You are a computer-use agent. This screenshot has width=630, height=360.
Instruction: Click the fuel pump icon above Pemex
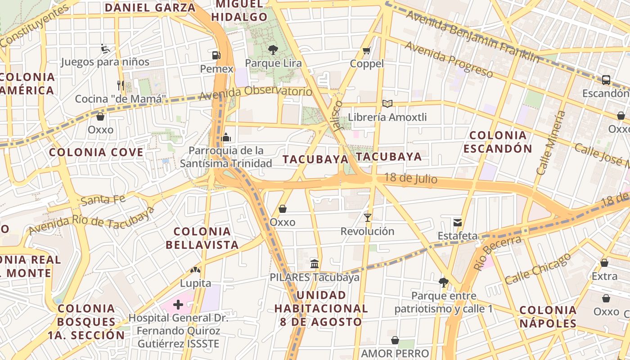click(x=216, y=55)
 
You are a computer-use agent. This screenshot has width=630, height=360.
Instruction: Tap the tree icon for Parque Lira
click(x=273, y=49)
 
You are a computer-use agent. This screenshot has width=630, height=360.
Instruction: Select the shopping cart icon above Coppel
click(x=367, y=50)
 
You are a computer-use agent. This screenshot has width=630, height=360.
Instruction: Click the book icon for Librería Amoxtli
click(x=387, y=104)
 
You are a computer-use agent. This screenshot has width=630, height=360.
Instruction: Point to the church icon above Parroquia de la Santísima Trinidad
click(x=226, y=137)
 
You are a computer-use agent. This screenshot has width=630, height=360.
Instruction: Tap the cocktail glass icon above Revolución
click(x=368, y=218)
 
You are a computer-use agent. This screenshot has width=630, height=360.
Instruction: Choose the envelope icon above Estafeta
click(x=458, y=222)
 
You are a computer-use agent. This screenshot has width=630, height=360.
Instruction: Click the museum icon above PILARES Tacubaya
click(x=315, y=263)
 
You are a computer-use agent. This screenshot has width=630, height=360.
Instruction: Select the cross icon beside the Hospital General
click(x=178, y=305)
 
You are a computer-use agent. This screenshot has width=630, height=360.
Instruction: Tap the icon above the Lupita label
click(x=195, y=270)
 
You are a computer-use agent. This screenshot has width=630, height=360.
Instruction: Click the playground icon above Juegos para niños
click(x=105, y=49)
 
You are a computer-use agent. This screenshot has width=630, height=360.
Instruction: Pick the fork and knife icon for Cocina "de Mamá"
click(x=120, y=85)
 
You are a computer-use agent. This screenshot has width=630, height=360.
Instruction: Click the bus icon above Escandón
click(x=606, y=80)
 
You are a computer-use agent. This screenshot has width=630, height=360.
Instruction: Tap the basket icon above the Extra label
click(x=604, y=263)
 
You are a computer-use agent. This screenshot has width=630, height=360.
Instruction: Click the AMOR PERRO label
click(x=395, y=353)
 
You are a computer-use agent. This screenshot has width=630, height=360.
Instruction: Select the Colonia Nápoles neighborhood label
click(x=548, y=316)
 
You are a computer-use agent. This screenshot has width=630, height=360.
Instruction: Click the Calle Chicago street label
click(x=537, y=268)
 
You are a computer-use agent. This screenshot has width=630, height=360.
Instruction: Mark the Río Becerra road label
click(x=497, y=252)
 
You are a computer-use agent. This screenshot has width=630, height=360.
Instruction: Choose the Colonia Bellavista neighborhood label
click(x=202, y=238)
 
